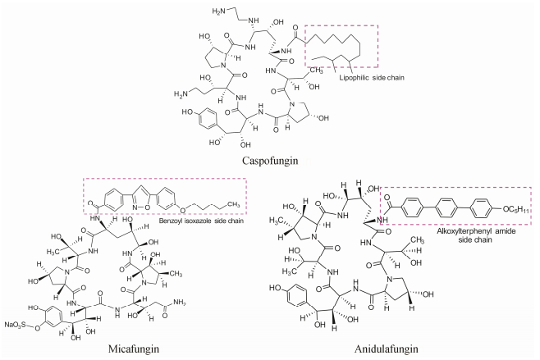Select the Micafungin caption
point(134,348)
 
